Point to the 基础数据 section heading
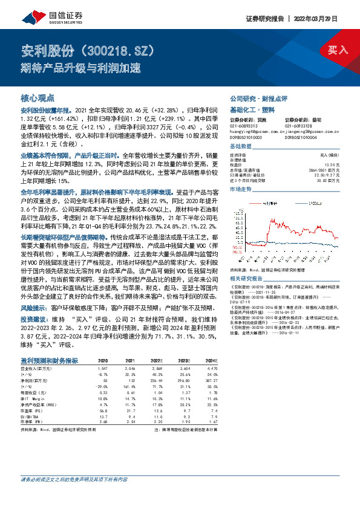[x=241, y=147]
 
